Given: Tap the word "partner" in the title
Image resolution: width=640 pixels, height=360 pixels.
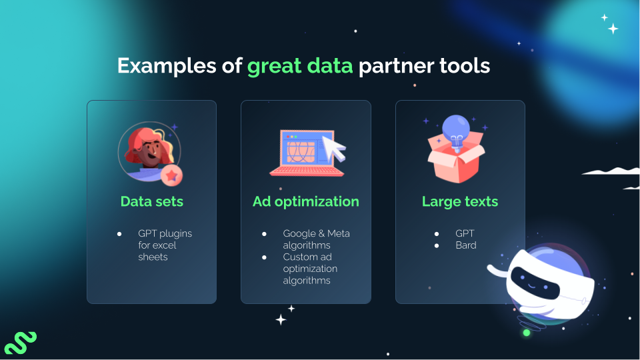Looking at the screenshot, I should point(392,66).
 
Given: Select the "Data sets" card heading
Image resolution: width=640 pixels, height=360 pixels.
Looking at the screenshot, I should point(151,201).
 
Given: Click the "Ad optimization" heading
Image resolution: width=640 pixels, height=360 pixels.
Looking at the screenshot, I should point(306,201).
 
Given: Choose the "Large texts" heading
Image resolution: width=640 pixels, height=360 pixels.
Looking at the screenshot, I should point(460,201).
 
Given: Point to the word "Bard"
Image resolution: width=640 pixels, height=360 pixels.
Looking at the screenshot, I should point(466,245).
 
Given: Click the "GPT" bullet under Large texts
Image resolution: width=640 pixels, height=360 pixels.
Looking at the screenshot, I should point(465,233).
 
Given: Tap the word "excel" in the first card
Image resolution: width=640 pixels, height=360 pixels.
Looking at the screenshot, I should point(167,245).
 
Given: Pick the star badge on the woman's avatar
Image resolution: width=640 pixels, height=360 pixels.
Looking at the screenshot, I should point(172,175).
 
